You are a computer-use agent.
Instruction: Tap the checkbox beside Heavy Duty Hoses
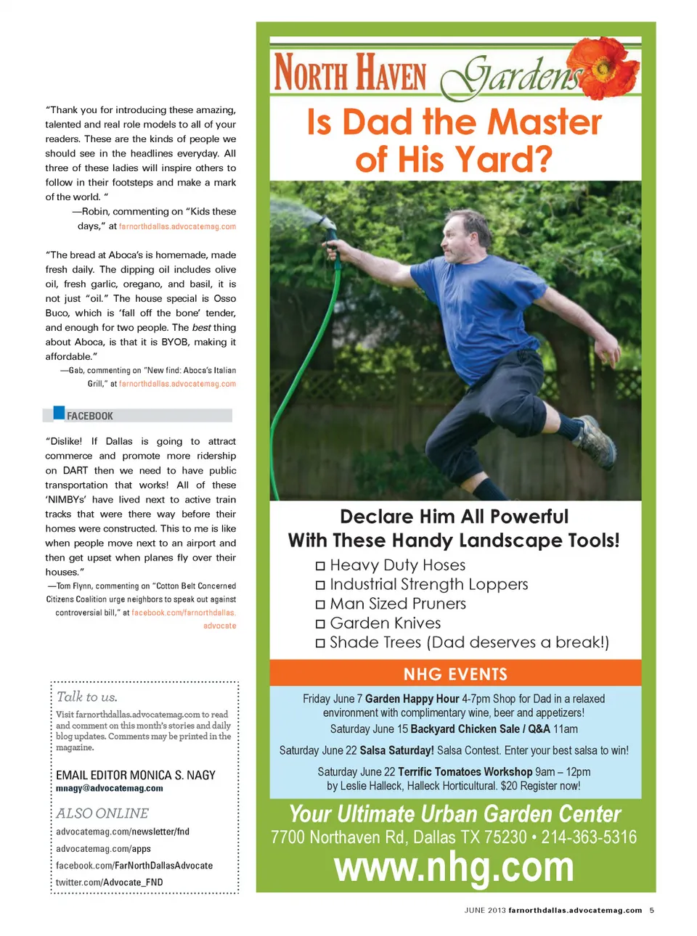point(320,566)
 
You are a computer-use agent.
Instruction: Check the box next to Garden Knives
point(320,624)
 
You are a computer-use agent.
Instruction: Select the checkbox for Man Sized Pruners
point(320,604)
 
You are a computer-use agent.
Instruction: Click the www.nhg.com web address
point(454,866)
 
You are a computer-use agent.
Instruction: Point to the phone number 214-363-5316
point(589,837)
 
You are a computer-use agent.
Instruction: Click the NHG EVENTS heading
point(455,674)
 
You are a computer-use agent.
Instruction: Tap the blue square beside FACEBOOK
point(60,413)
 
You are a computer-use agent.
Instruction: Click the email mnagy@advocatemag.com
point(110,789)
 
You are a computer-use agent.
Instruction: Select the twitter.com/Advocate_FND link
point(110,882)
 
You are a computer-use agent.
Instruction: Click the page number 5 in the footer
point(652,910)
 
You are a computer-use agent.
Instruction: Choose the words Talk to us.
point(87,697)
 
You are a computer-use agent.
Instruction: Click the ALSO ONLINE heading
point(102,813)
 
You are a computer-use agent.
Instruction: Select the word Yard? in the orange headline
point(504,160)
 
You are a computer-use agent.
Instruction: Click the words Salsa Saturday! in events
point(397,750)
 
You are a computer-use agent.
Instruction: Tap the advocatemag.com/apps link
point(104,849)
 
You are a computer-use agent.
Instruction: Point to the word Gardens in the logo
point(515,76)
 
